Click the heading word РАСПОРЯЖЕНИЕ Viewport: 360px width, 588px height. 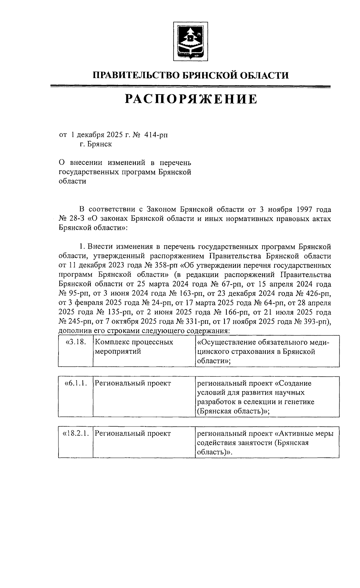[x=191, y=99]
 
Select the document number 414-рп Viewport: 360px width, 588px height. [x=156, y=135]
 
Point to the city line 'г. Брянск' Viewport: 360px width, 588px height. [x=96, y=144]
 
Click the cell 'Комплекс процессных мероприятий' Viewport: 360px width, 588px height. [x=134, y=347]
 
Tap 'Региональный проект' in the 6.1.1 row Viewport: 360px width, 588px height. [x=133, y=383]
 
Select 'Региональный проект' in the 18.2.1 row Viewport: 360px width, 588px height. [x=133, y=433]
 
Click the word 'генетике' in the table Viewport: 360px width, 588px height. [x=299, y=402]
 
